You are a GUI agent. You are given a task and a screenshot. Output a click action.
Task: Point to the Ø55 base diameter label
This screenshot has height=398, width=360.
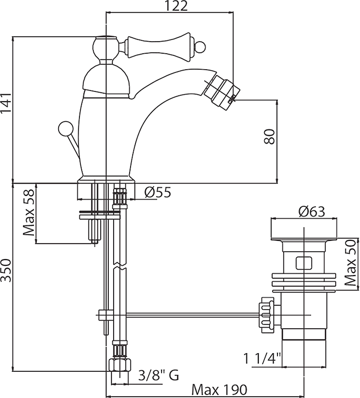tap(158, 192)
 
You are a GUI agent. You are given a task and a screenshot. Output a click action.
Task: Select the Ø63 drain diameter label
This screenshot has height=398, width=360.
tap(312, 212)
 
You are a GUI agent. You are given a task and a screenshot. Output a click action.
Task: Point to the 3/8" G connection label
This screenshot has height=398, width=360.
tap(158, 376)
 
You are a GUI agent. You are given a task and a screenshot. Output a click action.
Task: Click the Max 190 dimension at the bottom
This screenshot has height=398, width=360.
tap(218, 390)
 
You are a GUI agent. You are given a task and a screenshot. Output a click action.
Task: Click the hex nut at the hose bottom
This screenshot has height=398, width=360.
tap(119, 366)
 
